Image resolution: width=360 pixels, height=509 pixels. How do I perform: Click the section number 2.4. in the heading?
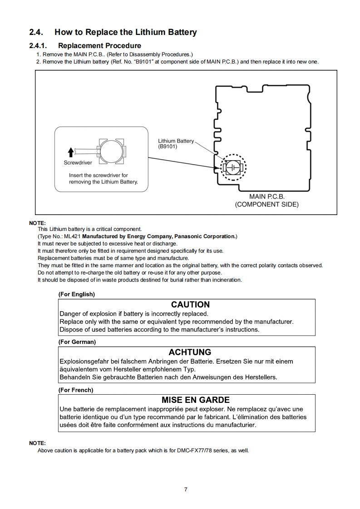[37, 32]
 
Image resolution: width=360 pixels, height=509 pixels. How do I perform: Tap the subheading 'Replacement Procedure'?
[99, 45]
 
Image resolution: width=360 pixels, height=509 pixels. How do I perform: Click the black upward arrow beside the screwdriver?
[70, 152]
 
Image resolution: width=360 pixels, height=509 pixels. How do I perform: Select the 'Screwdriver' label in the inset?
[77, 162]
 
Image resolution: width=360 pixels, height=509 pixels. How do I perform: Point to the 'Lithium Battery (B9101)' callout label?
[176, 144]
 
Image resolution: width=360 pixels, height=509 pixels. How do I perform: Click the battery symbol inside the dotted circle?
[233, 167]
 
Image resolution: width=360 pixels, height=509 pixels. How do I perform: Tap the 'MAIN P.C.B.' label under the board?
[267, 196]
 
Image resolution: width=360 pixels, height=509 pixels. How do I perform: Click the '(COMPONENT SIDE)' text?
[266, 205]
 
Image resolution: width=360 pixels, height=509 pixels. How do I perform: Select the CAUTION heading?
[190, 304]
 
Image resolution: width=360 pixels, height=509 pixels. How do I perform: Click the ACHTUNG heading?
[190, 352]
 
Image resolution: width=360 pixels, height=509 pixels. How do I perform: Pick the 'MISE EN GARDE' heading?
[196, 400]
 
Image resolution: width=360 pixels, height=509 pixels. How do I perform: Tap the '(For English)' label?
[77, 294]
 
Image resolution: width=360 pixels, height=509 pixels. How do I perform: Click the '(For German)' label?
[77, 342]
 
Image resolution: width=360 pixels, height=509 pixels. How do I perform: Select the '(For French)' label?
[76, 390]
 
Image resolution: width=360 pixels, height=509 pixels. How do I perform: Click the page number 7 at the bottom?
[186, 489]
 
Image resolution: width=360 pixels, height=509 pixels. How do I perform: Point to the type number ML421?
[72, 236]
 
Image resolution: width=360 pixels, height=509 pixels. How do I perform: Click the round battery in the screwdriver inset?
[111, 151]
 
